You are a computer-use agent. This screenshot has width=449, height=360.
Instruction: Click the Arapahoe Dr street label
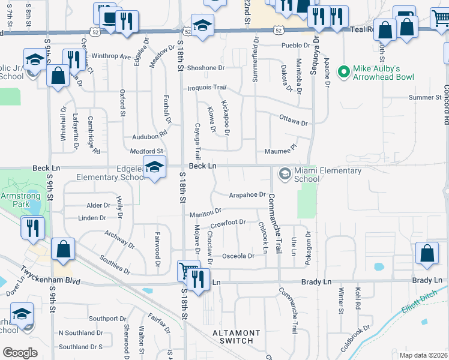click(x=247, y=194)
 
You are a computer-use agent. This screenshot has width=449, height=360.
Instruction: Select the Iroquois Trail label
click(x=206, y=88)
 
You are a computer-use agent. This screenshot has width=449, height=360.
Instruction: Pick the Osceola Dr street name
click(x=238, y=256)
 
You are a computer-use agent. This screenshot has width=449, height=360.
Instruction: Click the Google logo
click(x=20, y=353)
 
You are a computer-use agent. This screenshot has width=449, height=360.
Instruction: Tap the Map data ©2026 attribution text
click(x=423, y=355)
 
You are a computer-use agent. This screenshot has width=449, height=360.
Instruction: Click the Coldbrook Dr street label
click(x=355, y=339)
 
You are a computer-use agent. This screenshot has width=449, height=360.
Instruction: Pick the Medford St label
click(x=146, y=151)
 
